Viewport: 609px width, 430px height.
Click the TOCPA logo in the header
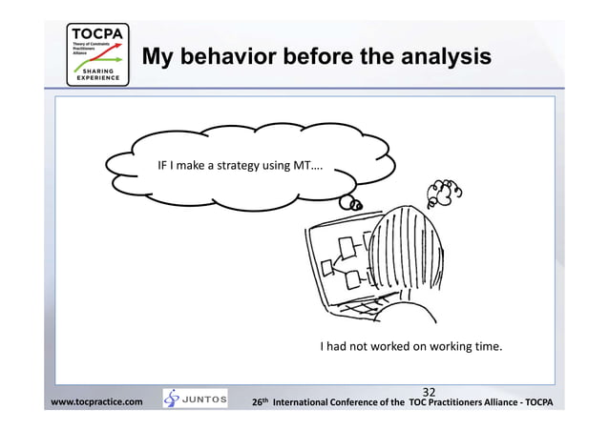click(x=96, y=54)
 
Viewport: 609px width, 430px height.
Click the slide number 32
click(x=429, y=391)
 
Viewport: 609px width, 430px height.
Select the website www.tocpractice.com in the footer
click(x=96, y=402)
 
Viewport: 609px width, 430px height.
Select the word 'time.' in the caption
click(x=482, y=346)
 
